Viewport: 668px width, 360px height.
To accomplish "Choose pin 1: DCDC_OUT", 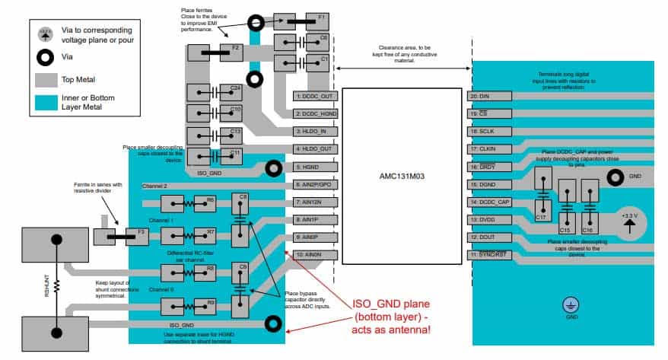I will [x=314, y=97].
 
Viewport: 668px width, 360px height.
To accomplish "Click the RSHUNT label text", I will [x=48, y=285].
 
